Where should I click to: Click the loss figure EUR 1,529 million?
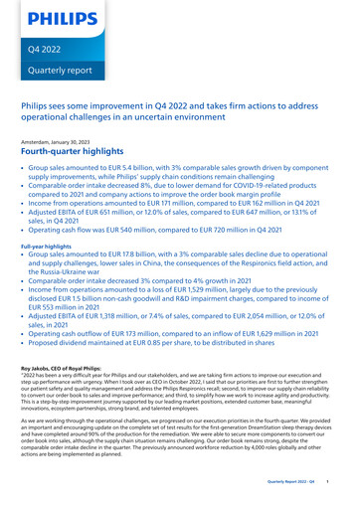231,300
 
